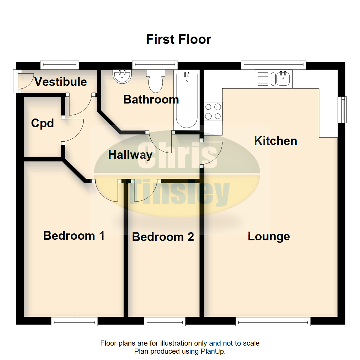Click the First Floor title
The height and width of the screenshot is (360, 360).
(x=178, y=39)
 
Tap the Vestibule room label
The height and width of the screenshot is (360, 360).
(x=61, y=82)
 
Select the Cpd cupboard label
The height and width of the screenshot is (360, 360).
(x=42, y=123)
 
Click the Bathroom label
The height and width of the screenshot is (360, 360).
(x=151, y=99)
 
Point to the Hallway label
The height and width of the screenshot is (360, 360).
(x=130, y=155)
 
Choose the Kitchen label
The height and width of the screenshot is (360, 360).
(x=275, y=141)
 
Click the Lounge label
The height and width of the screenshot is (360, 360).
(x=269, y=236)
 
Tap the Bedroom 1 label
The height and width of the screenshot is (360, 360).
(x=74, y=236)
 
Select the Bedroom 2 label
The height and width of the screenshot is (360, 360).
(x=163, y=237)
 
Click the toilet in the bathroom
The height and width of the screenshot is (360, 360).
(x=156, y=81)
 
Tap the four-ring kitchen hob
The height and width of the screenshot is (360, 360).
(x=213, y=111)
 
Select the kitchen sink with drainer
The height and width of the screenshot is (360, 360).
(x=273, y=79)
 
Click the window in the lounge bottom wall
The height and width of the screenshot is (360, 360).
(x=273, y=321)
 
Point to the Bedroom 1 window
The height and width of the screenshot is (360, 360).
(x=74, y=321)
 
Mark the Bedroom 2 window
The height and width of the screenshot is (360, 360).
(x=165, y=321)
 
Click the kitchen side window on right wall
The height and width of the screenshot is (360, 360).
(x=342, y=109)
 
